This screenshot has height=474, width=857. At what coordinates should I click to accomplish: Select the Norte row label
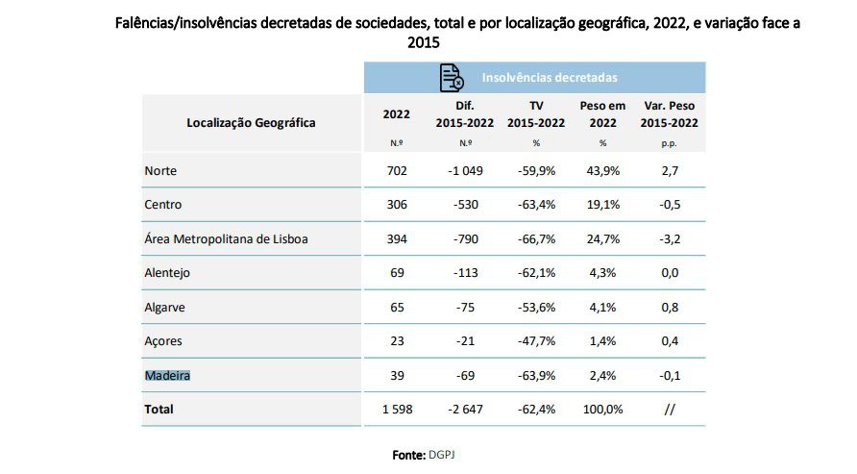point(160,171)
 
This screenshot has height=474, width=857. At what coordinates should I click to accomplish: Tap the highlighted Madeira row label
point(167,375)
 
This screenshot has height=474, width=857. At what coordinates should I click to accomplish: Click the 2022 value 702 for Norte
point(396,171)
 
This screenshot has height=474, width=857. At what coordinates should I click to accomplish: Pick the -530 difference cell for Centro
point(465,205)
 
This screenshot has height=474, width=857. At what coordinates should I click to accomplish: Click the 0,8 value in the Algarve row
point(670,308)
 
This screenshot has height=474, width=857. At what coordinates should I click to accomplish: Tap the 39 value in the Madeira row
point(396,375)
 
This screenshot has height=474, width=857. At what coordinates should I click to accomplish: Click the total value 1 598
point(396,410)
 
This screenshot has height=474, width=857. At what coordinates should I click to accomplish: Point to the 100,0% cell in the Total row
point(602,410)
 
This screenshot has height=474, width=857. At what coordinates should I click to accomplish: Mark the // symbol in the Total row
point(670,410)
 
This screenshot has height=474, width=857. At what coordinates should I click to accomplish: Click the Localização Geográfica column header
point(251,122)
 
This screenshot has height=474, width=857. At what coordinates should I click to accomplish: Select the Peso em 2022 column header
point(602,113)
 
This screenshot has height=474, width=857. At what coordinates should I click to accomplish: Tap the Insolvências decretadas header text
point(549,78)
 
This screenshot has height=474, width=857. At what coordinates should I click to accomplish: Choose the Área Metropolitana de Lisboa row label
point(226,238)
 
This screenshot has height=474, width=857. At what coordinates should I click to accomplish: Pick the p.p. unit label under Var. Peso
point(670,143)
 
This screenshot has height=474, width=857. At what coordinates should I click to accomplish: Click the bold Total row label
point(159,410)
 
